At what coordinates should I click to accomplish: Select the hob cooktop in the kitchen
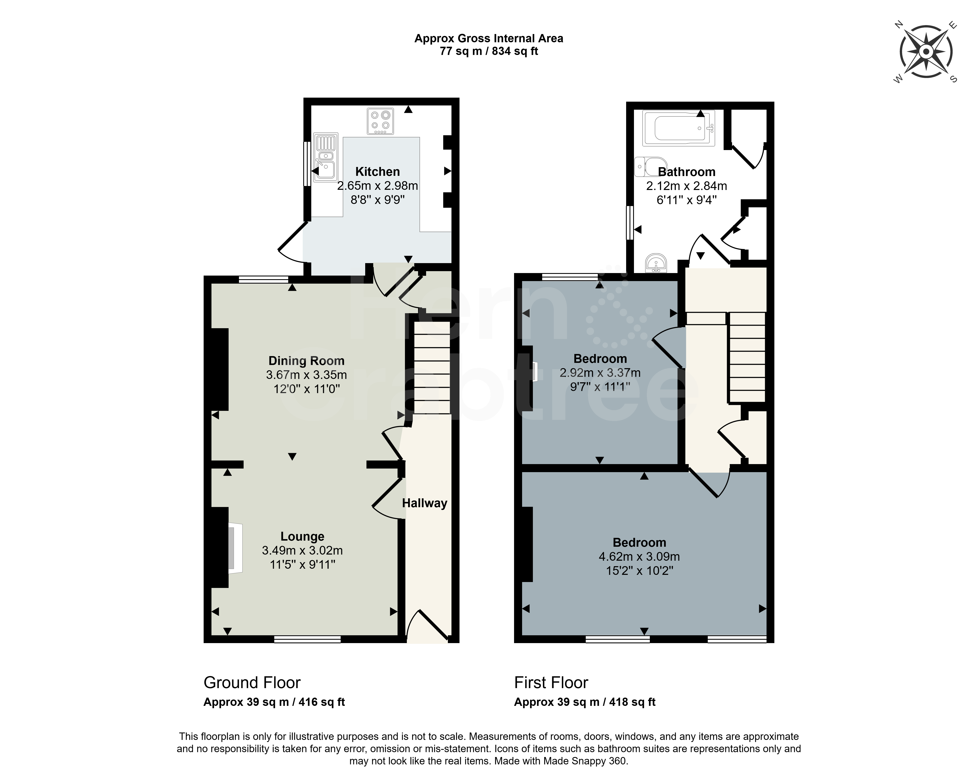[x=380, y=121]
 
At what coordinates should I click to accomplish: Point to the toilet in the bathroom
[x=650, y=167]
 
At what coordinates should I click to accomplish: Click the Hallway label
[x=425, y=503]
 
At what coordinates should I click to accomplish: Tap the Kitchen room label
[x=377, y=172]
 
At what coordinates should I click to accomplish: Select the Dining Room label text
[x=307, y=361]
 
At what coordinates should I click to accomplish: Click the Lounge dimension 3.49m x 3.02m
[x=303, y=550]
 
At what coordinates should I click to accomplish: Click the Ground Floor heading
[x=252, y=683]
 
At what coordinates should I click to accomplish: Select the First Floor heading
[x=551, y=683]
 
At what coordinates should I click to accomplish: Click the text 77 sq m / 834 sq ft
[x=489, y=51]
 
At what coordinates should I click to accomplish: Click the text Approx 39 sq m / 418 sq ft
[x=585, y=702]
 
